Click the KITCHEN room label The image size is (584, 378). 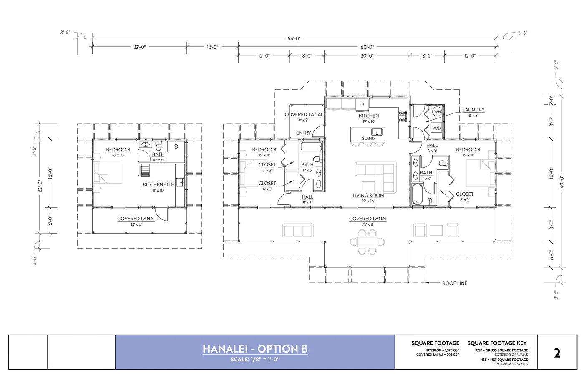pyautogui.click(x=369, y=116)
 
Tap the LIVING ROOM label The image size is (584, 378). pyautogui.click(x=368, y=195)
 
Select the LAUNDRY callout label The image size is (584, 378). pyautogui.click(x=473, y=110)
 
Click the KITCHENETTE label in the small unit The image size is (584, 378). pyautogui.click(x=158, y=184)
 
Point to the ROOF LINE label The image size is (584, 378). pyautogui.click(x=455, y=283)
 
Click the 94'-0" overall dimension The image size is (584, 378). pyautogui.click(x=294, y=38)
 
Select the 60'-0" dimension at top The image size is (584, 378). pyautogui.click(x=367, y=47)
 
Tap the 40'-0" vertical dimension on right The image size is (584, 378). pyautogui.click(x=561, y=181)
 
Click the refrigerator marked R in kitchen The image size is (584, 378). pyautogui.click(x=362, y=104)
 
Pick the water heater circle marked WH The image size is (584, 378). pyautogui.click(x=437, y=111)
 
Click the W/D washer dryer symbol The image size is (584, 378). pyautogui.click(x=436, y=128)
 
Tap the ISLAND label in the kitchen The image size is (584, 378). pyautogui.click(x=368, y=138)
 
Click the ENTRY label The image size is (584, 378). pyautogui.click(x=303, y=133)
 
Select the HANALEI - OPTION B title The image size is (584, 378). pyautogui.click(x=255, y=349)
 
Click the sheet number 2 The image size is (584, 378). pyautogui.click(x=557, y=353)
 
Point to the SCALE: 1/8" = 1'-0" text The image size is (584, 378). pyautogui.click(x=255, y=359)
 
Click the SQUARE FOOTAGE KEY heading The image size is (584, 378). pyautogui.click(x=497, y=343)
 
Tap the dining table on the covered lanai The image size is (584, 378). pyautogui.click(x=368, y=242)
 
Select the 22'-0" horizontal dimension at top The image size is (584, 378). pyautogui.click(x=139, y=47)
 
